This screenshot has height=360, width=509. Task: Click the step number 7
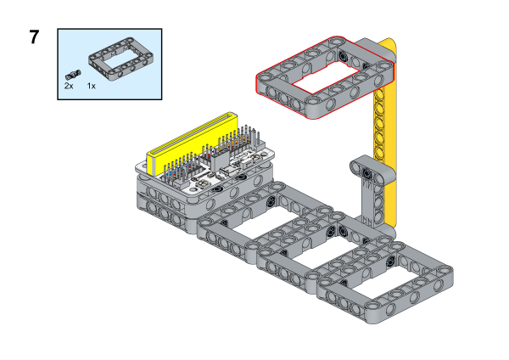pos(34,37)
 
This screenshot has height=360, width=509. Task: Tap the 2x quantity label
pos(69,86)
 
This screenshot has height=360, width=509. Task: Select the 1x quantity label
pos(92,86)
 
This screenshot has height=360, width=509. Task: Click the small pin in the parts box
pos(73,75)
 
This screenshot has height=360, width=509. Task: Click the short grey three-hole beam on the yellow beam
pos(372,171)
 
